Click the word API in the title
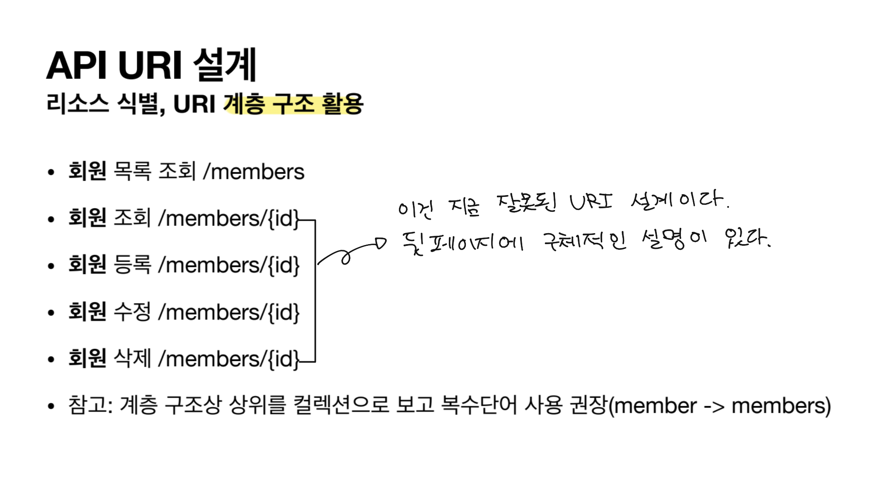(76, 66)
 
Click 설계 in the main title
(225, 66)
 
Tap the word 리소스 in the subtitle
(77, 104)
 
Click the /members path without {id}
(254, 171)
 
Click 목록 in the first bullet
(132, 171)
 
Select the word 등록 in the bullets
(132, 265)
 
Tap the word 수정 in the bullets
(132, 312)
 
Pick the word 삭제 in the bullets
(132, 359)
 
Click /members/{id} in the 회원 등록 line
(229, 265)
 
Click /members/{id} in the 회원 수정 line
(229, 312)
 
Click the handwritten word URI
(591, 202)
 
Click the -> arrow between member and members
(714, 406)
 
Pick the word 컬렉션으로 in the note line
(341, 405)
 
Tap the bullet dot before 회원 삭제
(51, 360)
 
